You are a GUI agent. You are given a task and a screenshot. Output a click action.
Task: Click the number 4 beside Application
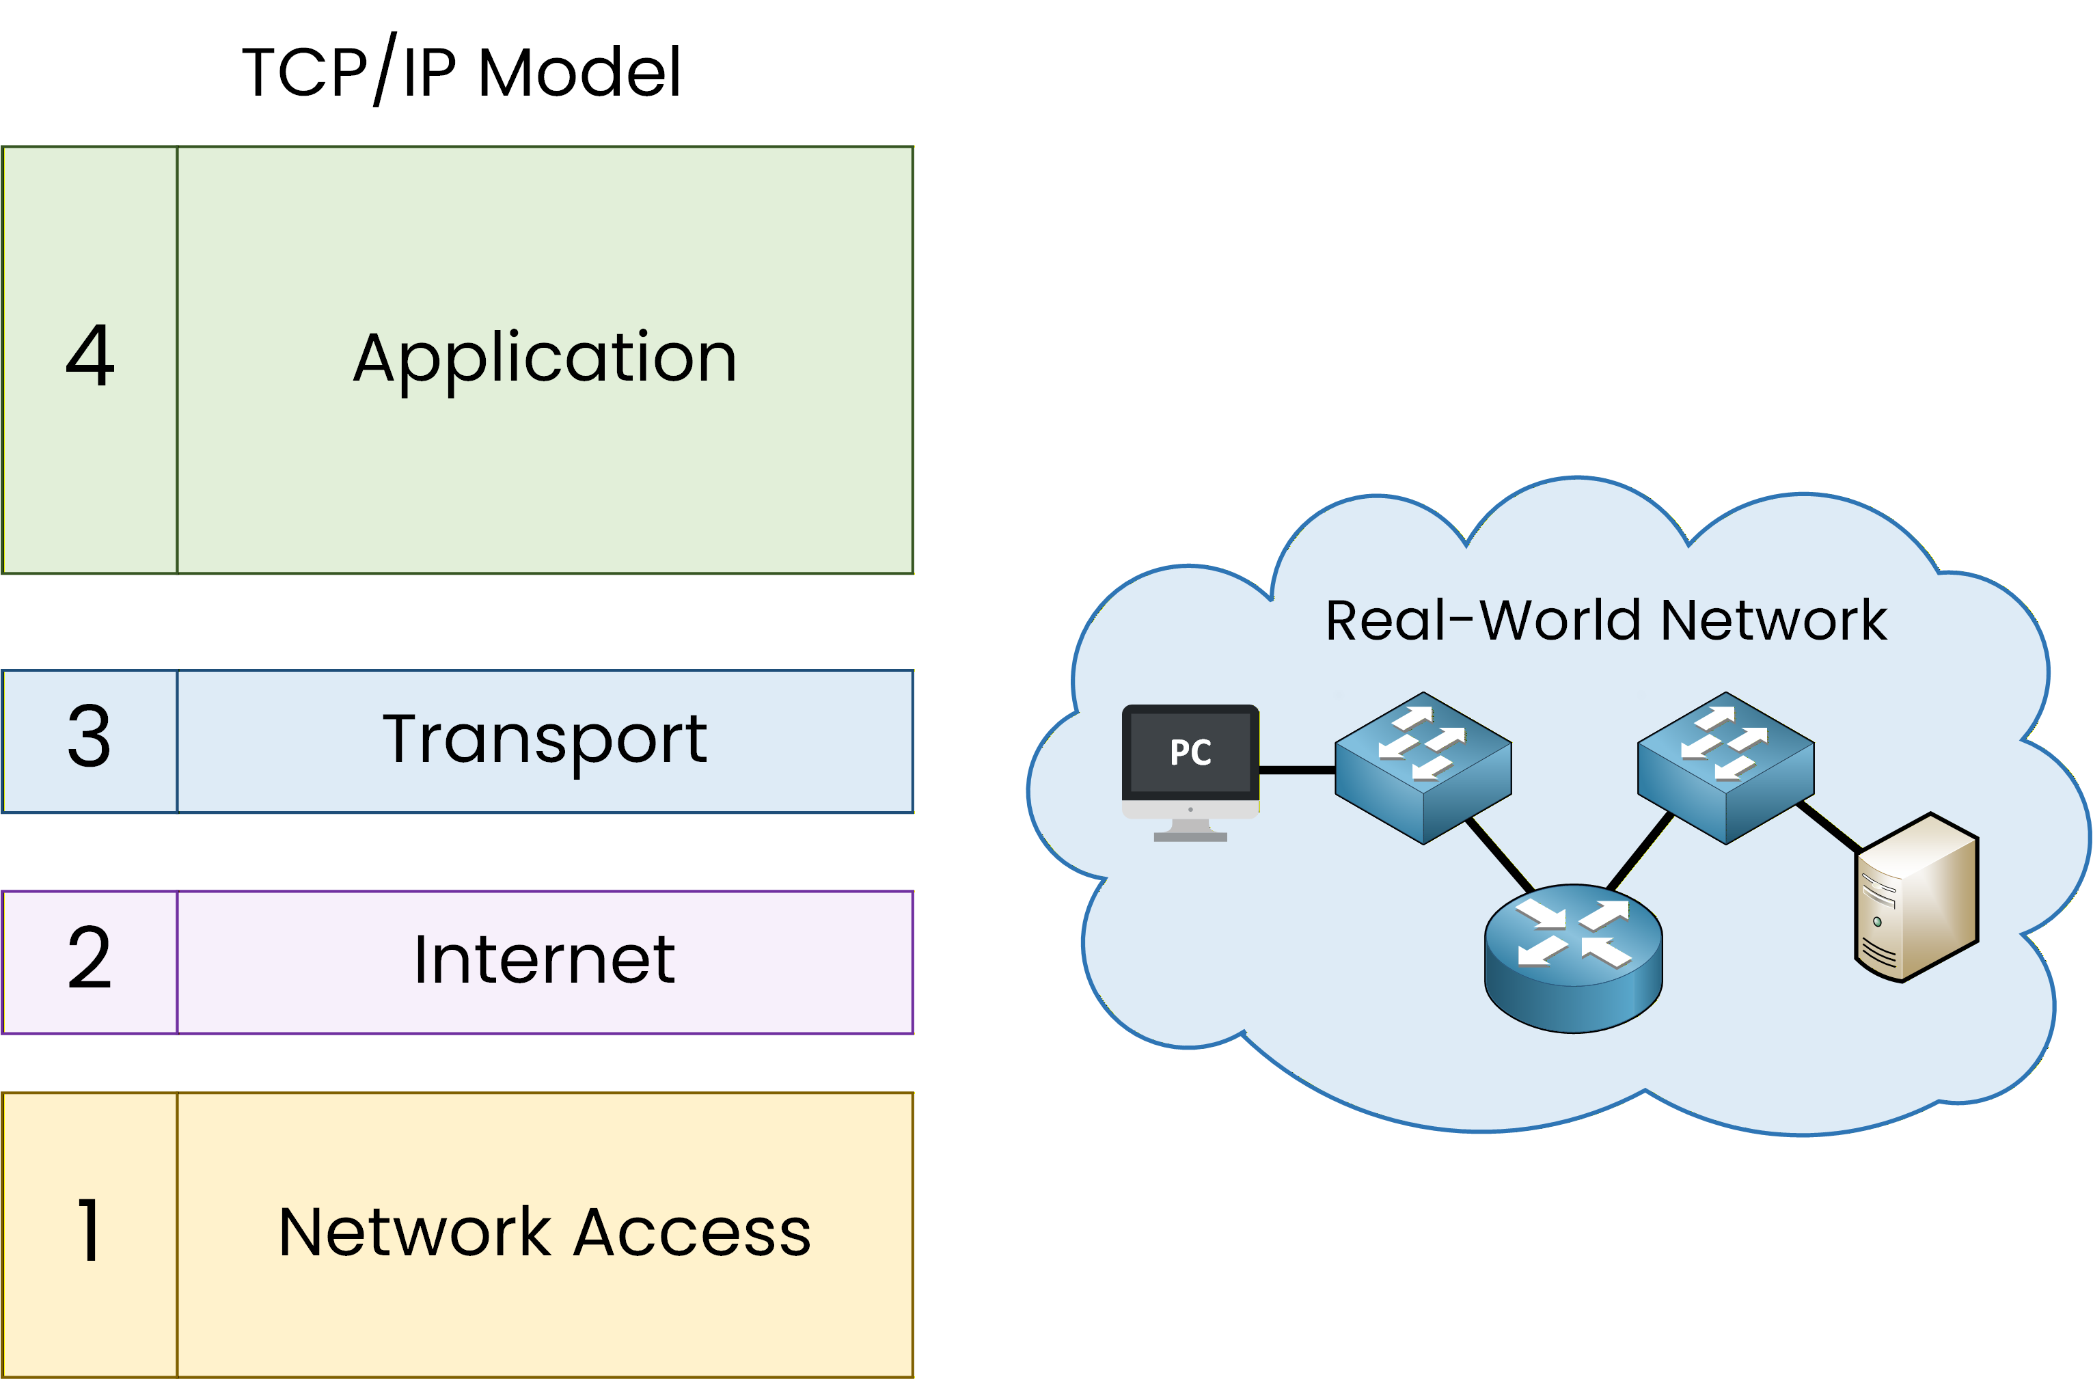pos(90,356)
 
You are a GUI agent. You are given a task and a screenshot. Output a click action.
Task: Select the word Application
pos(545,358)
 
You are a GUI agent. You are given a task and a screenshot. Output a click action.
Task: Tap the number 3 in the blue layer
pos(90,736)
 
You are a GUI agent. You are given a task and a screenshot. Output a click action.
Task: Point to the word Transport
pos(545,739)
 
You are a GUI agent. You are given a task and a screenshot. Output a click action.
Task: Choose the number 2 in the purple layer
pos(90,959)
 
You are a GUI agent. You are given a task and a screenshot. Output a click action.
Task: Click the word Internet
pos(545,959)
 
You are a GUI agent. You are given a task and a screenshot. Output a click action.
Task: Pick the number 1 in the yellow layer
pos(89,1229)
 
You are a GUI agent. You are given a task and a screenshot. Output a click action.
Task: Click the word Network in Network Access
pos(414,1232)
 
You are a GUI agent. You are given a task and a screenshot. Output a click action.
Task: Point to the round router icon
pos(1573,958)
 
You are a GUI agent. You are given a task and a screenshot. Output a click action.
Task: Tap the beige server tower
pos(1917,898)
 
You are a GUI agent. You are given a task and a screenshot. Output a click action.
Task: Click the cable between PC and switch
pos(1297,770)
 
